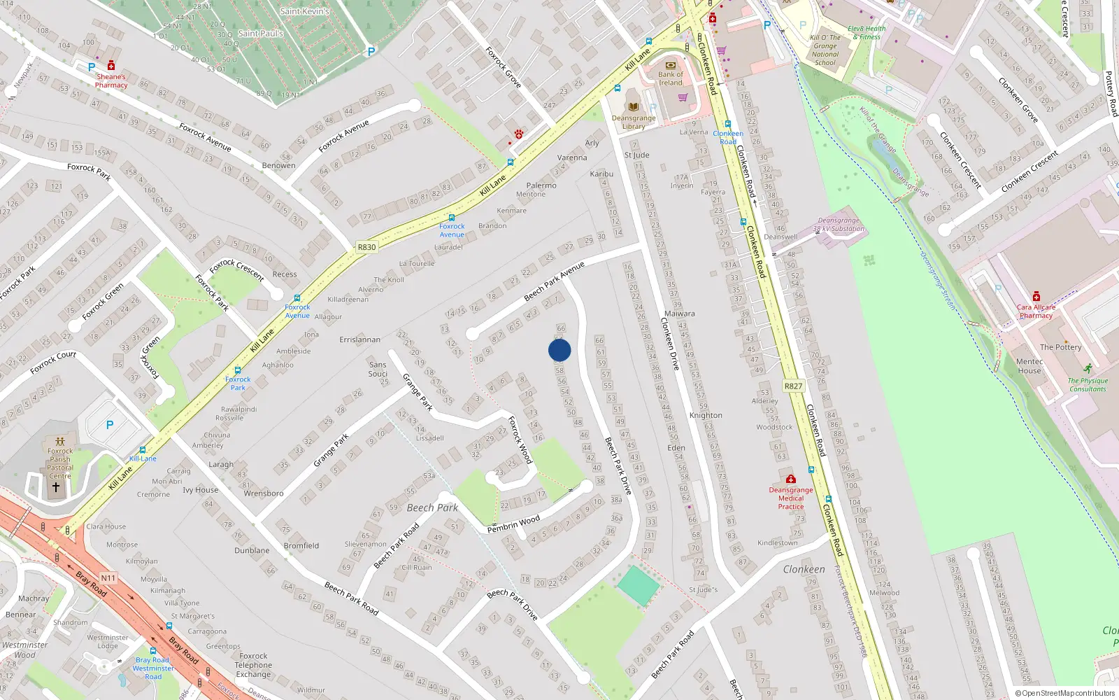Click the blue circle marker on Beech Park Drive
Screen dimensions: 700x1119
pyautogui.click(x=559, y=350)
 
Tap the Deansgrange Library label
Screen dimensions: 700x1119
pyautogui.click(x=634, y=122)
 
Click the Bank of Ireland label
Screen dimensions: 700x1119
pyautogui.click(x=670, y=78)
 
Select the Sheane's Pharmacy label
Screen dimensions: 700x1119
pyautogui.click(x=111, y=80)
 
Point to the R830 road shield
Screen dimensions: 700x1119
pyautogui.click(x=366, y=247)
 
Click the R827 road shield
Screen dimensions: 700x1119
pyautogui.click(x=793, y=386)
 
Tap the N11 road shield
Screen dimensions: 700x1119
pyautogui.click(x=108, y=577)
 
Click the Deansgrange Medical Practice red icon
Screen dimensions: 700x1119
pyautogui.click(x=790, y=479)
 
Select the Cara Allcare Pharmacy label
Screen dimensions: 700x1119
pyautogui.click(x=1036, y=311)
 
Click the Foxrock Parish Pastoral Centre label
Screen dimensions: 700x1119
pyautogui.click(x=60, y=463)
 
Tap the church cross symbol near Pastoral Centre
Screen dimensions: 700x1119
pyautogui.click(x=56, y=486)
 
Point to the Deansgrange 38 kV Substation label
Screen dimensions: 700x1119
pyautogui.click(x=839, y=225)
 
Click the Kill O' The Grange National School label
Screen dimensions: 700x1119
pyautogui.click(x=825, y=50)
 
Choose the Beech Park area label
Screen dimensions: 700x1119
pyautogui.click(x=432, y=507)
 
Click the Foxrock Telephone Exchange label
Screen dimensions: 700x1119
pyautogui.click(x=253, y=665)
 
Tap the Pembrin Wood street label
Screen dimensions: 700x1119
pyautogui.click(x=513, y=524)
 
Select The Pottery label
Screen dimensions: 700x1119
pyautogui.click(x=1060, y=347)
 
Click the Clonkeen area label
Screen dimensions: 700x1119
pyautogui.click(x=804, y=569)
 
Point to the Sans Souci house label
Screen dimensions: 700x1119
pyautogui.click(x=378, y=369)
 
